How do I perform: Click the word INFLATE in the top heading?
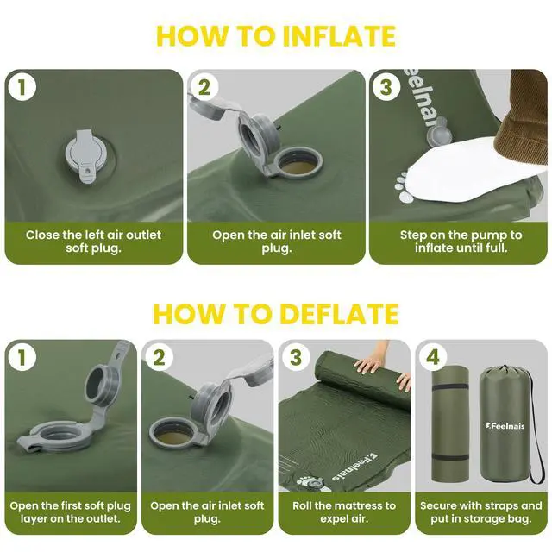(339, 35)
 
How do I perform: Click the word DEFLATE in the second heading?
(339, 313)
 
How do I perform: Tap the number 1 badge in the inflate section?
(22, 87)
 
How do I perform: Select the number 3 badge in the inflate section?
(386, 87)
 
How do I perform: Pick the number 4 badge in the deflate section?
(433, 357)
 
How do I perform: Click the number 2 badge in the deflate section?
(159, 357)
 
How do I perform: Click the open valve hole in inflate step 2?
(300, 164)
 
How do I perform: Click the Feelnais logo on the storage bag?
(505, 426)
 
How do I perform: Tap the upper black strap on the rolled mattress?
(450, 386)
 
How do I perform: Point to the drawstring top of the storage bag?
(504, 372)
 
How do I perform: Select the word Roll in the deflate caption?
(302, 505)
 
